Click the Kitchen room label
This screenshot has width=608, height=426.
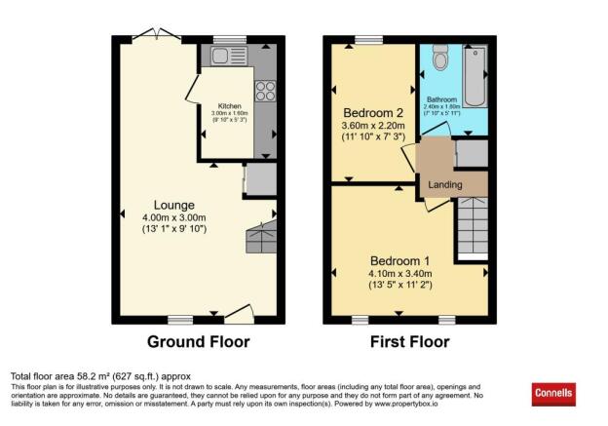(x=229, y=106)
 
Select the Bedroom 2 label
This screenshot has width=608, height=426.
(x=373, y=111)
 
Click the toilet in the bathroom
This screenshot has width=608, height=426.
(x=438, y=60)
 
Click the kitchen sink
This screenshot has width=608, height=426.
(x=214, y=57)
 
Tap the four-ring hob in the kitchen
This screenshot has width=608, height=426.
(x=264, y=90)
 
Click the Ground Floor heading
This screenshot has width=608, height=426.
(x=198, y=342)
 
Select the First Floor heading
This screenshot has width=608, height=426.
(x=409, y=342)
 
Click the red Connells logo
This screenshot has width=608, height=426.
(x=554, y=394)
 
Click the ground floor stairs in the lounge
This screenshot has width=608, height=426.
(x=261, y=236)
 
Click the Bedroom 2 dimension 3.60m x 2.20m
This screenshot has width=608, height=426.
(x=373, y=124)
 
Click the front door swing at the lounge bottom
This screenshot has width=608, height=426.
(x=240, y=312)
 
